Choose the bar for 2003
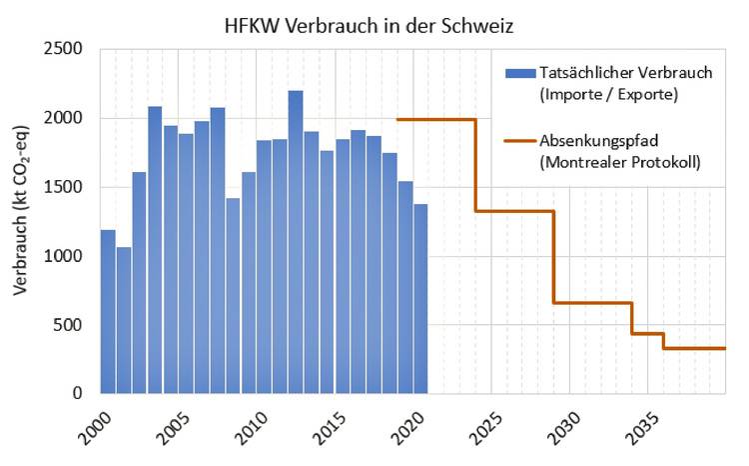pos(155,249)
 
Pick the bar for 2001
pos(124,320)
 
